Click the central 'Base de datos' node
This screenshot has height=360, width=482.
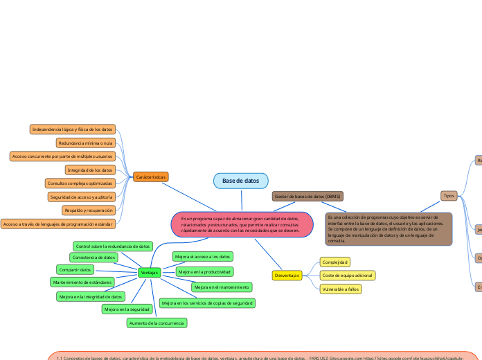coord(240,181)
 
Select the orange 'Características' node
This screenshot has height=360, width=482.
coord(150,177)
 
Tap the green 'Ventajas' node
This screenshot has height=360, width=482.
coord(149,273)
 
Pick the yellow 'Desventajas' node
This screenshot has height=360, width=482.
coord(287,276)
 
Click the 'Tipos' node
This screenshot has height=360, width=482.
coord(449,196)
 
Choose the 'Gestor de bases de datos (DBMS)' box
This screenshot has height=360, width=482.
coord(307,197)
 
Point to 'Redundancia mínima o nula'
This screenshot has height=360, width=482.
coord(85,143)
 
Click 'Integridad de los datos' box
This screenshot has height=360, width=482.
coord(90,170)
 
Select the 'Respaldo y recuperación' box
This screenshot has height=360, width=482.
coord(88,210)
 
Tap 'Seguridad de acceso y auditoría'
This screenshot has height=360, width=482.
coord(81,197)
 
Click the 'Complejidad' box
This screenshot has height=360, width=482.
coord(335,262)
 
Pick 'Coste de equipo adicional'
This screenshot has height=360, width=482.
coord(348,276)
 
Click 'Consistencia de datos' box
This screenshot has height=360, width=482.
coord(94,257)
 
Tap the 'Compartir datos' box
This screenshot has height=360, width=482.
coord(75,269)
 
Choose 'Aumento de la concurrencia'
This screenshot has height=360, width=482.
coord(157,323)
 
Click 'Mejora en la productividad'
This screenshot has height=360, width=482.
coord(204,271)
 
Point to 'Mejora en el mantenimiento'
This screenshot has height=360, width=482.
coord(222,287)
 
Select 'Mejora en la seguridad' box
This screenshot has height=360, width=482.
coord(127,309)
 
